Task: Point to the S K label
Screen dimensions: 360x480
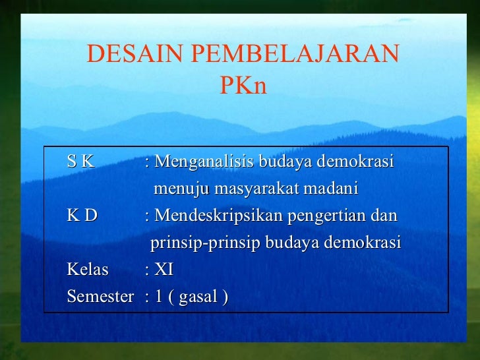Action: tap(80, 162)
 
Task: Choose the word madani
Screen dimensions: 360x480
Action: tap(331, 189)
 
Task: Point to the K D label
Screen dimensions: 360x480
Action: tap(82, 216)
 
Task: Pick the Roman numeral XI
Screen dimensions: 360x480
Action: tap(164, 270)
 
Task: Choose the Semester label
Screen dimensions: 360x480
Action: tap(100, 297)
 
